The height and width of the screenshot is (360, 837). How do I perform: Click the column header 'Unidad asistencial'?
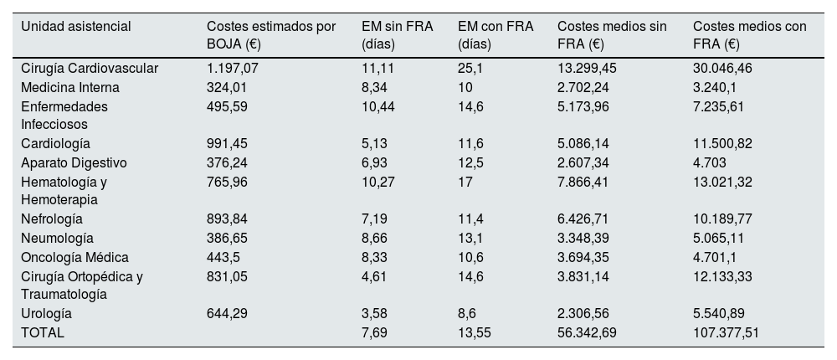click(x=75, y=27)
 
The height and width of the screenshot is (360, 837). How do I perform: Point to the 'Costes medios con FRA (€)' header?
click(x=750, y=34)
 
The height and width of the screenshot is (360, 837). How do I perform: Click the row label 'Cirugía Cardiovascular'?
click(x=90, y=68)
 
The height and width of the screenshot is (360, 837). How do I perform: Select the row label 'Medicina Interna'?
click(x=70, y=87)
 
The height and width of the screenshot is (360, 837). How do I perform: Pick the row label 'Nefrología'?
click(x=52, y=219)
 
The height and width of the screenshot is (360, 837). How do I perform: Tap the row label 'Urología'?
click(x=47, y=313)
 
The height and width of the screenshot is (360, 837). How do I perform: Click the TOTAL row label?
click(x=43, y=332)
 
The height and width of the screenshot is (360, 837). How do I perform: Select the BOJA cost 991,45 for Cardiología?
click(x=226, y=143)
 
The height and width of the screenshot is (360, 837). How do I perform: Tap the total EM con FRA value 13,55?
click(x=475, y=332)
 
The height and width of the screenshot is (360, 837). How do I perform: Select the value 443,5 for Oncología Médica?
click(x=223, y=256)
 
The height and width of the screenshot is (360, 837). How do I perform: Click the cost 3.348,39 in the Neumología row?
click(x=588, y=238)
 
